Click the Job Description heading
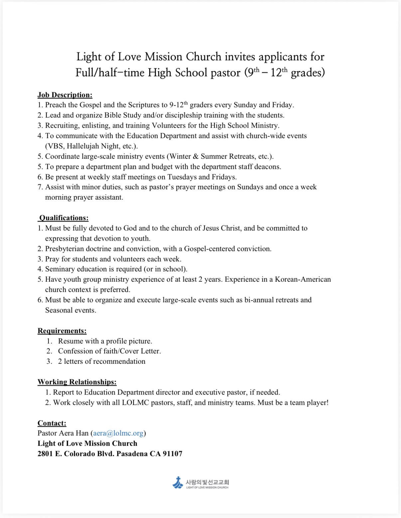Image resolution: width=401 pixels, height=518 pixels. pyautogui.click(x=65, y=95)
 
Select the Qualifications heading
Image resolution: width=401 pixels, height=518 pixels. pyautogui.click(x=64, y=218)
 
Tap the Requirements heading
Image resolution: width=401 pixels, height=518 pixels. pyautogui.click(x=62, y=331)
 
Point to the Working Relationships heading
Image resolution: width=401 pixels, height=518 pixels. pyautogui.click(x=77, y=382)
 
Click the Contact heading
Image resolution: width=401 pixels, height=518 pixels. pyautogui.click(x=52, y=423)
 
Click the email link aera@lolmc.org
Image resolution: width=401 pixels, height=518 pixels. pyautogui.click(x=118, y=433)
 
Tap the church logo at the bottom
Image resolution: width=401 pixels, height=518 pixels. pyautogui.click(x=200, y=483)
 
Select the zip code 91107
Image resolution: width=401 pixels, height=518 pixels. pyautogui.click(x=173, y=454)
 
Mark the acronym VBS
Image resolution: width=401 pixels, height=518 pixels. pyautogui.click(x=55, y=146)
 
